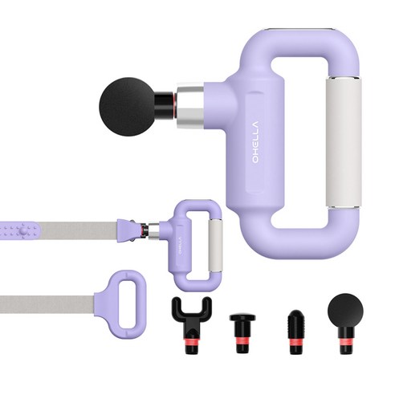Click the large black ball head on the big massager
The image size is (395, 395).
pos(127,107)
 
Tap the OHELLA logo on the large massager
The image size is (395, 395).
pos(255,142)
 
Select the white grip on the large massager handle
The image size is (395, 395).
pos(344,142)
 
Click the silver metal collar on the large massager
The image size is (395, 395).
pos(190,107)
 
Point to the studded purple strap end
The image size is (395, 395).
pos(20,230)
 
